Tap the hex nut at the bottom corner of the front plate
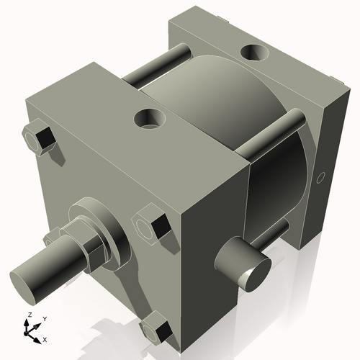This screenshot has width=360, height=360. click(157, 331)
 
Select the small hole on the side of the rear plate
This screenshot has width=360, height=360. click(322, 176)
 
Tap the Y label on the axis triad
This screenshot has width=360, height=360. click(44, 318)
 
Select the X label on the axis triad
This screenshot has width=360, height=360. click(45, 338)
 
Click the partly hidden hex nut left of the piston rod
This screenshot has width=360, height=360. click(51, 237)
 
